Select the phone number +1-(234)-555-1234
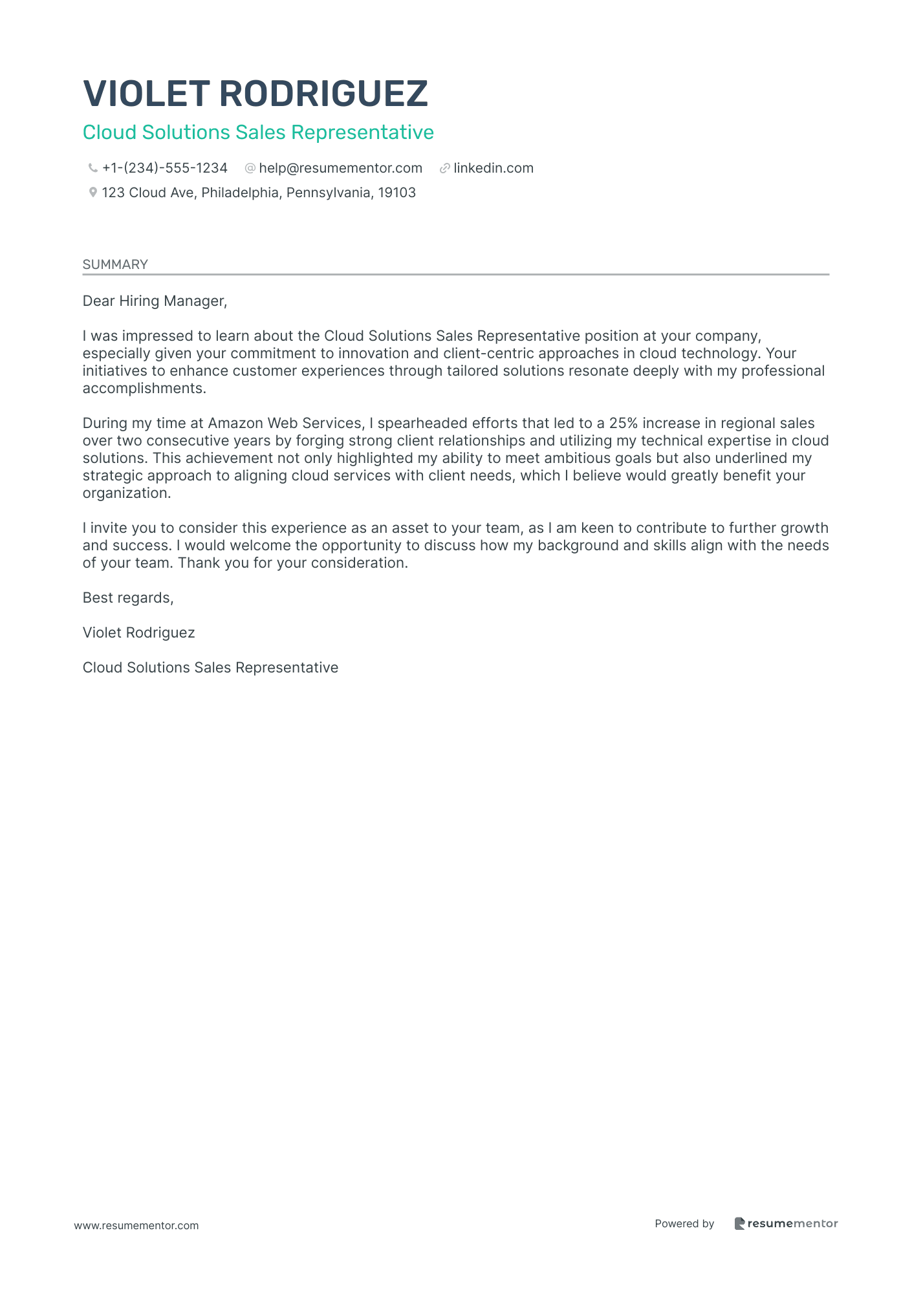165,169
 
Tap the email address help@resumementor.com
340,169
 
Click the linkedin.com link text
494,169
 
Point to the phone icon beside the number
93,169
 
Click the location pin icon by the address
93,193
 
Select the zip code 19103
396,193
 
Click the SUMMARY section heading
115,264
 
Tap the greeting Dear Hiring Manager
155,301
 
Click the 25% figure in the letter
624,424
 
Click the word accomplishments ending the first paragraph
144,389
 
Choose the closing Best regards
128,598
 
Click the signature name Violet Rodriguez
138,633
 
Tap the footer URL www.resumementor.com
136,1226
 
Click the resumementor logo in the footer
786,1224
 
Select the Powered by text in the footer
684,1224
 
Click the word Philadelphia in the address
241,193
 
